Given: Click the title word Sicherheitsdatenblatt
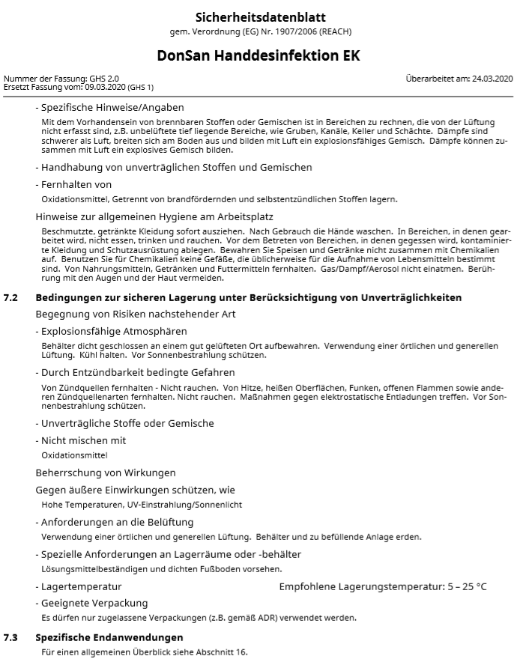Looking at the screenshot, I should (260, 17).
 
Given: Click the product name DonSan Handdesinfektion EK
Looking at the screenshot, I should (259, 56).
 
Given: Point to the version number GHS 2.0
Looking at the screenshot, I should (103, 79).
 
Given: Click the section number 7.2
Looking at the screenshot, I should (10, 298).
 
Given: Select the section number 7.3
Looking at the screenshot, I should (10, 637).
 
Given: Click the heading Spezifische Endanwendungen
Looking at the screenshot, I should (109, 637).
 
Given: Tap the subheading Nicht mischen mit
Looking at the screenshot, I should (83, 440).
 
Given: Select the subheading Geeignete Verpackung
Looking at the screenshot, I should (94, 603).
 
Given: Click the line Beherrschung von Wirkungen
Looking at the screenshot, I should (106, 473).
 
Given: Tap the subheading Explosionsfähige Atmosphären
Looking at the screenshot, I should (114, 331).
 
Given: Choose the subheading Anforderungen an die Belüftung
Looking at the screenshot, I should (117, 522).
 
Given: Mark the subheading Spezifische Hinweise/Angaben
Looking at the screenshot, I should (112, 108).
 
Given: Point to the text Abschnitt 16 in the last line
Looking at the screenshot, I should (222, 652).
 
